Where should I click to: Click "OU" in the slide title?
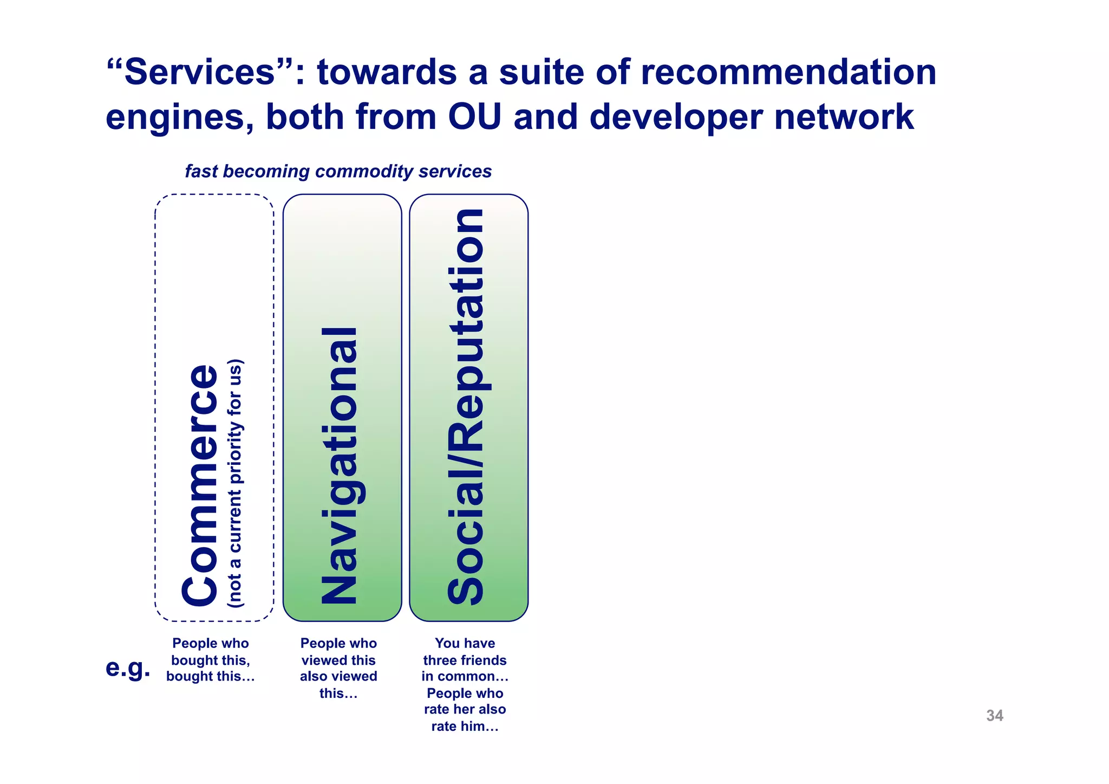(x=474, y=117)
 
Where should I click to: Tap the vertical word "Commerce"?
(x=200, y=485)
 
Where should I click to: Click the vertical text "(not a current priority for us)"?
(x=236, y=482)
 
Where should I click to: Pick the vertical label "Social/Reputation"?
(x=466, y=406)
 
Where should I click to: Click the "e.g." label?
(x=128, y=668)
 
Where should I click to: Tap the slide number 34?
(x=994, y=715)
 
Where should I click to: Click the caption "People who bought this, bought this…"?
(x=210, y=660)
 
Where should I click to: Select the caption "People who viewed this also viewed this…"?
(x=338, y=668)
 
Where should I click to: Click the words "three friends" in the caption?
(x=465, y=660)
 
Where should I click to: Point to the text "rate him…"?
(x=465, y=726)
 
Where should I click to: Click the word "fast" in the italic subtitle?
(x=201, y=171)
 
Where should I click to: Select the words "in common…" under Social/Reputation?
(x=465, y=676)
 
